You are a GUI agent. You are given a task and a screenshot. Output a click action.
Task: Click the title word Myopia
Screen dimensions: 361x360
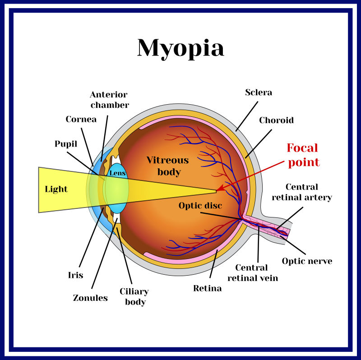180,49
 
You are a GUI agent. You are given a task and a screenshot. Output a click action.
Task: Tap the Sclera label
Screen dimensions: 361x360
259,92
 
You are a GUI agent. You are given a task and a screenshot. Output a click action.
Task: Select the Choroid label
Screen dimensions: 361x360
276,120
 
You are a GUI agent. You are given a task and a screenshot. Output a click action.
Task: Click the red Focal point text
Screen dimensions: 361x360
303,155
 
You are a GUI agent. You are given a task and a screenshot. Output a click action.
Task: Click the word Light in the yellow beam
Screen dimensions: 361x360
56,189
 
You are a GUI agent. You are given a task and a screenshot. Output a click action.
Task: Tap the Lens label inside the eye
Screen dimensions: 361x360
118,173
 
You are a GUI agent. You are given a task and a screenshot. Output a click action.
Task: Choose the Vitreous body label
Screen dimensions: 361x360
168,166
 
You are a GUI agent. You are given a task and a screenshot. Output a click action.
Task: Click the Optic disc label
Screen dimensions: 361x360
200,205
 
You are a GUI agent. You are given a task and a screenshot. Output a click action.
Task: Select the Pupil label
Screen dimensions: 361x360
66,144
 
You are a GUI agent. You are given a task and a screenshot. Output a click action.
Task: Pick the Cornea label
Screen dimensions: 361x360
81,119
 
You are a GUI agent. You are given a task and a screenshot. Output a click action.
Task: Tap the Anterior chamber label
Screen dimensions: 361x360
110,100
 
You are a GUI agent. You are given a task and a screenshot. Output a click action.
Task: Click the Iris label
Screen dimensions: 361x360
75,275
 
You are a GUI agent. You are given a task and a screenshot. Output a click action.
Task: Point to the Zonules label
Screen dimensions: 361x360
90,298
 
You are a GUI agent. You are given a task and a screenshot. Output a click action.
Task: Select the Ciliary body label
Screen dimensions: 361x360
134,297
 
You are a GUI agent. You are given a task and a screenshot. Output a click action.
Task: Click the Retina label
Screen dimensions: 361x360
208,288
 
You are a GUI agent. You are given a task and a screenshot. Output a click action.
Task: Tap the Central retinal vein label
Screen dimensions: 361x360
253,273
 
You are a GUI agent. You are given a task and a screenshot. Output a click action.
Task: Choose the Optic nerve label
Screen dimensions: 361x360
307,261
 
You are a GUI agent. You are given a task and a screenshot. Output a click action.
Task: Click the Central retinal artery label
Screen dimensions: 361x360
302,192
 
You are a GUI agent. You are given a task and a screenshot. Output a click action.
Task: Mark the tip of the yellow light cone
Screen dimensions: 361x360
216,191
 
